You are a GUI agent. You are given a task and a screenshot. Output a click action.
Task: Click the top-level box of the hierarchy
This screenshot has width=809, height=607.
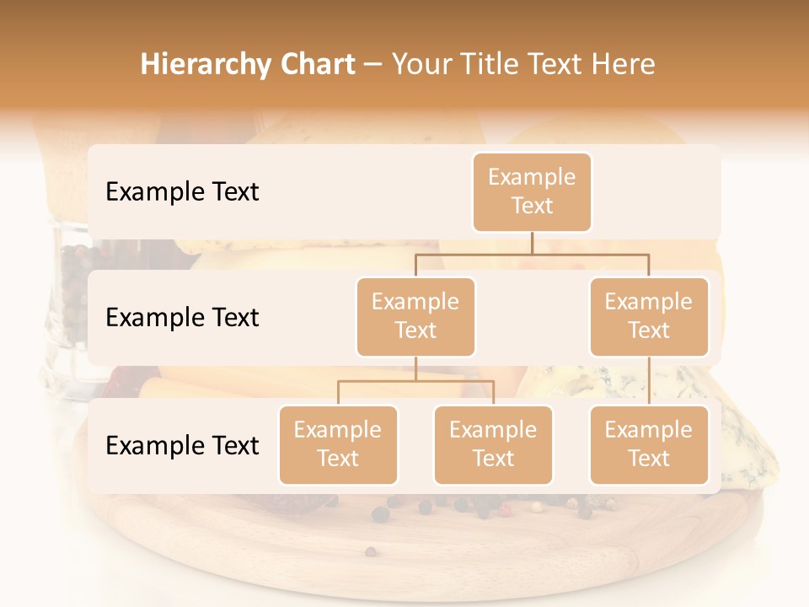pos(532,191)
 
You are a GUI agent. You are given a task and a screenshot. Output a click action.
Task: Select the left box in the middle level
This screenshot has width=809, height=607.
pos(415,316)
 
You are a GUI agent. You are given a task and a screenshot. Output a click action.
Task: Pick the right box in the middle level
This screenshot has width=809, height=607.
pos(649,316)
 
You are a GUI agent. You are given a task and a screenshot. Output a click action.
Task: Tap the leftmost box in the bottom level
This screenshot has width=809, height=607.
pos(338,444)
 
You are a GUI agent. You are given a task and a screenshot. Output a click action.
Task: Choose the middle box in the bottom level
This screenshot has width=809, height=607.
pos(493,444)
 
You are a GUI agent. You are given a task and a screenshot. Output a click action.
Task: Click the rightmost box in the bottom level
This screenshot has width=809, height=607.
pos(649,444)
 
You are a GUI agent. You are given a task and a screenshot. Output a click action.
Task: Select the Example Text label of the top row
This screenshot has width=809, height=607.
pos(182,192)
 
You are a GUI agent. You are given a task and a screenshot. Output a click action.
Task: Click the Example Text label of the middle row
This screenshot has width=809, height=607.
pos(182,318)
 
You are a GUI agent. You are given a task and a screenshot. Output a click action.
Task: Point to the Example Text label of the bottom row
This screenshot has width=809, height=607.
pos(182,445)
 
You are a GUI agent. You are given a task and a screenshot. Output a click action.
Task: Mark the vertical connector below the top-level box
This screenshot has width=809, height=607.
pos(532,243)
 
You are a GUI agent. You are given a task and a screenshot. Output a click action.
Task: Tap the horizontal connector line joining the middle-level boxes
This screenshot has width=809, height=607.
pos(532,254)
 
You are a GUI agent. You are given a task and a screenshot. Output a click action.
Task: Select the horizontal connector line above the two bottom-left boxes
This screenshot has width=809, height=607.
pos(415,381)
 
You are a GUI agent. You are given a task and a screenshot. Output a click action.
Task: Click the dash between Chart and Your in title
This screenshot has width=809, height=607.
pos(372,66)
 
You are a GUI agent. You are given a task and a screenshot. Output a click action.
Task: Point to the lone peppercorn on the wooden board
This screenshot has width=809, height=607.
pos(370,552)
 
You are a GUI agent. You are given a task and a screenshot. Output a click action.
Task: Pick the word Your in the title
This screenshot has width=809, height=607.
pos(422,65)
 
